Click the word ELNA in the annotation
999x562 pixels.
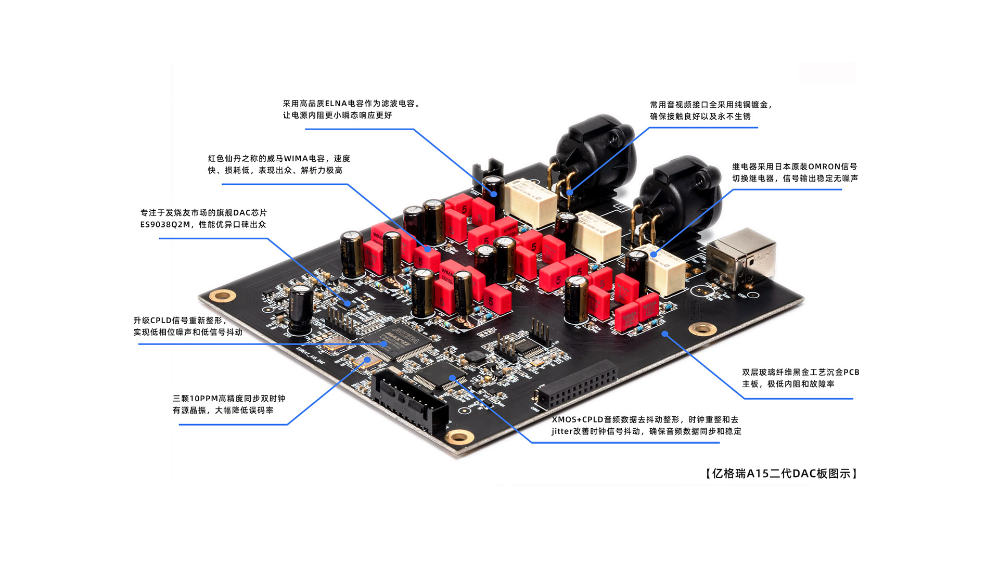(336, 104)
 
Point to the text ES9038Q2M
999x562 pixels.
(165, 224)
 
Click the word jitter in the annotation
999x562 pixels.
(562, 431)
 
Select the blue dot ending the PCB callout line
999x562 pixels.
(664, 334)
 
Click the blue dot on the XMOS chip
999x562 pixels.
(452, 378)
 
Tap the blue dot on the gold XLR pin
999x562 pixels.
(570, 193)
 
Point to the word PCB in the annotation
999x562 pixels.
(851, 372)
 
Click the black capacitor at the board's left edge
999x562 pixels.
(301, 309)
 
